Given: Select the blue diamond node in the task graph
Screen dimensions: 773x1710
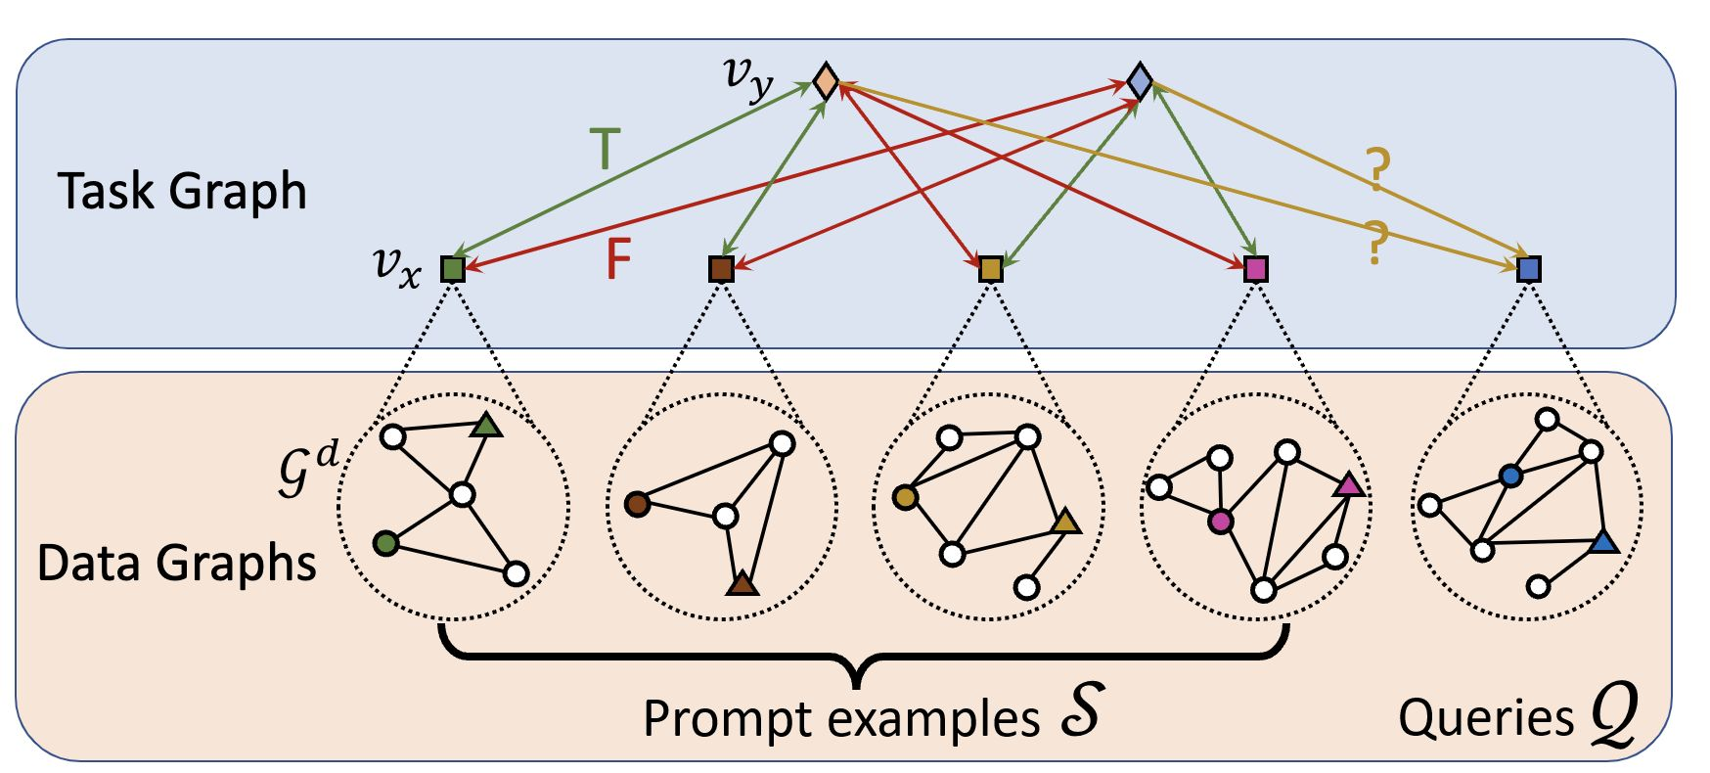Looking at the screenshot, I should point(1140,80).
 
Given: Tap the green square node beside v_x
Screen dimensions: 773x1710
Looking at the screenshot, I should point(452,268).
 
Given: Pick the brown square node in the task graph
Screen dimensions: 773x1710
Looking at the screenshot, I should point(721,268).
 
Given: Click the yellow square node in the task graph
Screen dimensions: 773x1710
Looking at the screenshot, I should point(991,268).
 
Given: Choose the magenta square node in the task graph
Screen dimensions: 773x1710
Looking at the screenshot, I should point(1256,268).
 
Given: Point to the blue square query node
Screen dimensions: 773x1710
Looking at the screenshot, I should point(1529,268).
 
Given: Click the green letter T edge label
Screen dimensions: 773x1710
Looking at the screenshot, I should point(606,150).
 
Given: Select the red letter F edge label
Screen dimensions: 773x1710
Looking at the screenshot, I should point(617,259).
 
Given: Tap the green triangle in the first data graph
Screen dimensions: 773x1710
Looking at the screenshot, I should point(486,426).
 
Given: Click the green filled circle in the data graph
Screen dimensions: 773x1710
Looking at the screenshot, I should point(386,543).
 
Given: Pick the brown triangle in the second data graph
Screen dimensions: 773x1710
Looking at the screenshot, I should point(743,584).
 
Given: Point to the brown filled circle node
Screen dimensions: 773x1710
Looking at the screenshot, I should point(637,504).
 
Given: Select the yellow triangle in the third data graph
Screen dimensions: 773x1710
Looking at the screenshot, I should point(1065,523).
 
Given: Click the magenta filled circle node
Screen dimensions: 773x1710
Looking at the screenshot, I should point(1220,521).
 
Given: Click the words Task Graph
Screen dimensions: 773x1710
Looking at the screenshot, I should point(182,191).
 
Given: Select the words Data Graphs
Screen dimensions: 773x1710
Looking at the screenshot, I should point(177,564).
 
